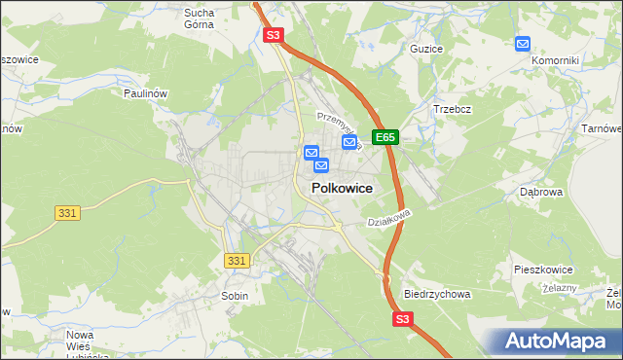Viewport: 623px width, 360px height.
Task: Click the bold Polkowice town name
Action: coord(341,189)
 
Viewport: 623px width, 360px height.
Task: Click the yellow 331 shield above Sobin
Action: coord(237,261)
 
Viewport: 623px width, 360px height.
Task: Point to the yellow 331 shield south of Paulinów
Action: coord(66,212)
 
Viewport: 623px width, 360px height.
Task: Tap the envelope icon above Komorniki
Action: coord(523,44)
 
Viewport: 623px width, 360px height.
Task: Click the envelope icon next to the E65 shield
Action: coord(349,142)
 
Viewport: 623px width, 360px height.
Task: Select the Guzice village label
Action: coord(426,49)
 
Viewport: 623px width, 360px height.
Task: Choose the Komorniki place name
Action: coord(555,60)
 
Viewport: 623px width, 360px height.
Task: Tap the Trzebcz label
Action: coord(452,109)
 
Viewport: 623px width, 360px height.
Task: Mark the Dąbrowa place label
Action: coord(542,193)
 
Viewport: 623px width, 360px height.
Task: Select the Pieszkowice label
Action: coord(543,269)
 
